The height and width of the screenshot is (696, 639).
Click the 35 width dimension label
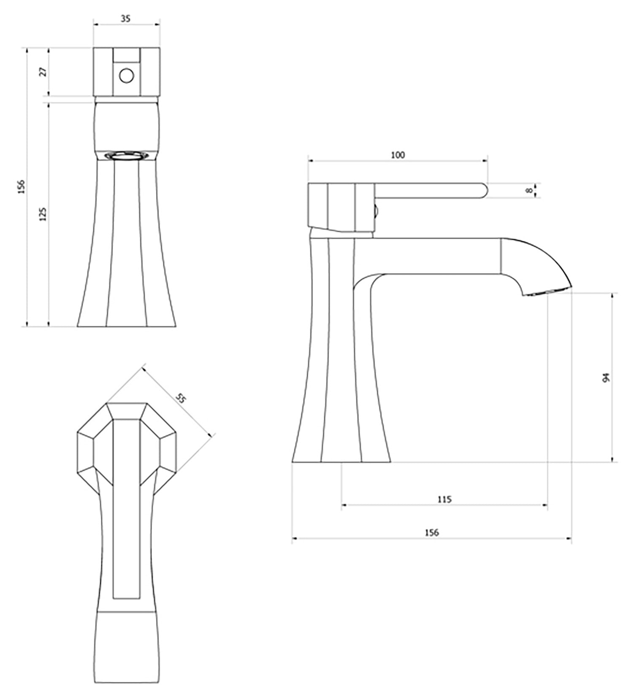[126, 19]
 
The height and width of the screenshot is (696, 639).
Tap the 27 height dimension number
[43, 72]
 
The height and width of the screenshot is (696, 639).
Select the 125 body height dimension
[43, 214]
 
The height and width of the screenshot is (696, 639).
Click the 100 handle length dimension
[398, 155]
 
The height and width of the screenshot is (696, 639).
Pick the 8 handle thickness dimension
[528, 190]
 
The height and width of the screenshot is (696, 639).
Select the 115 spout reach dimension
[444, 499]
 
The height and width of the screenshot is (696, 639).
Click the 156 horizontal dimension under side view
[431, 533]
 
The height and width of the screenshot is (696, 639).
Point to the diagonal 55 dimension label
[181, 398]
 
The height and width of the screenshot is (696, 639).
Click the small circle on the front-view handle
[126, 76]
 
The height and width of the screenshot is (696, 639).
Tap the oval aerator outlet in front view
[126, 156]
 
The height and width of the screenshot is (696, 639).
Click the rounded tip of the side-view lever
[484, 190]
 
